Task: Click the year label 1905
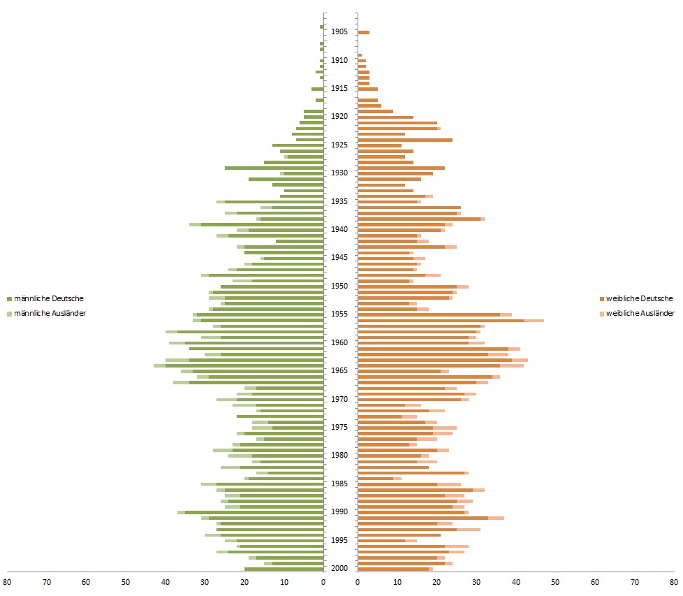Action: [340, 31]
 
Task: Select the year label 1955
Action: [340, 314]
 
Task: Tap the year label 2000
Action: [340, 568]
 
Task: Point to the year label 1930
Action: [340, 173]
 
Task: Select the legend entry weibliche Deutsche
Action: [639, 298]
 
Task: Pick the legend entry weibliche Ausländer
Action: [639, 313]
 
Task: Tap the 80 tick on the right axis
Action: [675, 581]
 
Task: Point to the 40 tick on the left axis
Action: [166, 581]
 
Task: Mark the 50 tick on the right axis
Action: [556, 581]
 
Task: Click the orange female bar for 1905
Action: [363, 32]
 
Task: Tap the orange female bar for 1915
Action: [367, 89]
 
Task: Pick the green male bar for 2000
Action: [284, 569]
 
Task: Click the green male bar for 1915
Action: [318, 89]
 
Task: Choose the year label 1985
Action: [340, 484]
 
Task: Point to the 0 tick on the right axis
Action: [358, 581]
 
